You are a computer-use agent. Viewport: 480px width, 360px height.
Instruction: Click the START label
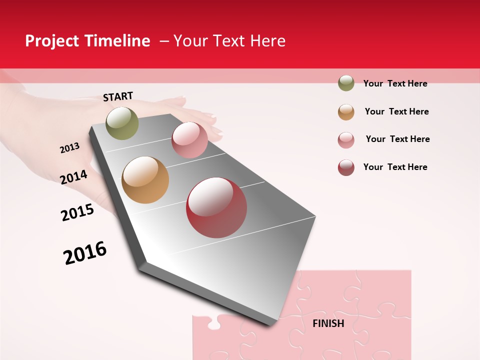118,96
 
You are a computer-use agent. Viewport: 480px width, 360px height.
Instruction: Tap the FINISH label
328,323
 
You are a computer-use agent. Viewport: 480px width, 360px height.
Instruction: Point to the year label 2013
70,147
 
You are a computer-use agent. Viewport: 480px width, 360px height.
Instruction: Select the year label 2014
74,177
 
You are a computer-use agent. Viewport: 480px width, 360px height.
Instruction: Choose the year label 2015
77,212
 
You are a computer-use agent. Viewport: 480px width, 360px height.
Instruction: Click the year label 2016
85,253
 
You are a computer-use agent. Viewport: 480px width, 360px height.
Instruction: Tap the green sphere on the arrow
122,123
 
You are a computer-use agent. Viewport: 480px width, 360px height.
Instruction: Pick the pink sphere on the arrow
189,140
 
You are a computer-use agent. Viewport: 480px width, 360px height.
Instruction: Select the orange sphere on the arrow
145,180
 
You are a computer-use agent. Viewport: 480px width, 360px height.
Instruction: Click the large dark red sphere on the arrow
216,207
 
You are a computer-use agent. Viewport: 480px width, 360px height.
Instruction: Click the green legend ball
346,83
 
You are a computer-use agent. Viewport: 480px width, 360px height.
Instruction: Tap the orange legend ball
346,112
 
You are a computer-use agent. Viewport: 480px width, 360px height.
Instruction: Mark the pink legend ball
346,140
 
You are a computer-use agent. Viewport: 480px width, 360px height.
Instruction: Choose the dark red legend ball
346,167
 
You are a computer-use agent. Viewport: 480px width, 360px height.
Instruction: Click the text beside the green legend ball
395,83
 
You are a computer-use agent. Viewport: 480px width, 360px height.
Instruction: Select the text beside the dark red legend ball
395,167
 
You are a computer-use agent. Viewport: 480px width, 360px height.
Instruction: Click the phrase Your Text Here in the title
229,41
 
